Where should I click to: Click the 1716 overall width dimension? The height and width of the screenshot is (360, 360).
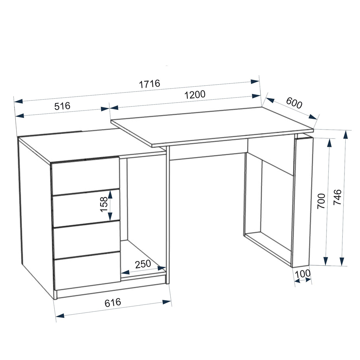(x=149, y=84)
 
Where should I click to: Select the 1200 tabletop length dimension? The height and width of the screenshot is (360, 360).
(x=195, y=95)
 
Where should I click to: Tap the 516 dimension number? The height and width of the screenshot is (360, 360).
(x=62, y=106)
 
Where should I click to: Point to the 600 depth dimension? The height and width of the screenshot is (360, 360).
(x=294, y=103)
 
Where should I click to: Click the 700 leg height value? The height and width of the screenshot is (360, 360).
(x=321, y=201)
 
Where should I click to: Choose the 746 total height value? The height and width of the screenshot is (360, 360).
(x=337, y=197)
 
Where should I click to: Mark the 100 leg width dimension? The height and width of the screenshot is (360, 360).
(x=302, y=274)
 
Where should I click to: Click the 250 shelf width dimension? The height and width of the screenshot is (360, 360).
(x=143, y=264)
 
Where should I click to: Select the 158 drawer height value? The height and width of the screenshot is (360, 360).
(x=104, y=204)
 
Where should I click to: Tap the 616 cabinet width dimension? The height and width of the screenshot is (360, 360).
(x=113, y=303)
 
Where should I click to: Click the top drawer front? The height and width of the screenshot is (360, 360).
(x=85, y=176)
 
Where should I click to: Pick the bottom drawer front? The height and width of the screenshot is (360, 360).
(x=87, y=271)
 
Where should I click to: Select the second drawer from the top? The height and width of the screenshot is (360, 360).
(x=86, y=208)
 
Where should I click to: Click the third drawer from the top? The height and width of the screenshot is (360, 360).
(x=87, y=239)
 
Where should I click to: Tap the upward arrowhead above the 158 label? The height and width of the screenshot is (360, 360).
(x=110, y=195)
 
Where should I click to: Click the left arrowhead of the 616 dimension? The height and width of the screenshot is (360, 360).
(x=60, y=316)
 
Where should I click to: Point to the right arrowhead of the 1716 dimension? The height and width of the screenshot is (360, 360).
(x=255, y=81)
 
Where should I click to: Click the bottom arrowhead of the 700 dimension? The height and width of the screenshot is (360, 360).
(x=326, y=261)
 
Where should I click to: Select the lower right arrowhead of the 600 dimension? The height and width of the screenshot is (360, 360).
(x=313, y=117)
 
